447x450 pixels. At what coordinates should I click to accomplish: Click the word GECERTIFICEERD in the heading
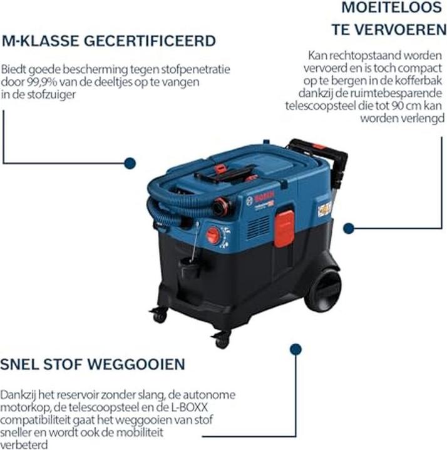point(150,41)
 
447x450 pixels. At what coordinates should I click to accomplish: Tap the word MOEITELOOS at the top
point(391,7)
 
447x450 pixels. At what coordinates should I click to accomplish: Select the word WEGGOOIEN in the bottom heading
point(136,364)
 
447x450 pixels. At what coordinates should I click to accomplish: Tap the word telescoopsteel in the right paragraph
point(321,106)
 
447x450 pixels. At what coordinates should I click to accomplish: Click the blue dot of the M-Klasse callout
point(130,163)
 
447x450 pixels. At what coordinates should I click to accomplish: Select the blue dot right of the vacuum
point(349,228)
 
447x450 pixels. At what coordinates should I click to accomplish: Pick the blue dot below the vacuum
point(295,349)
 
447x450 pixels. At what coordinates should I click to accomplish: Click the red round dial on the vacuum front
point(213,236)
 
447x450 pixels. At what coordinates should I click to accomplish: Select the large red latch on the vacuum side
point(284,228)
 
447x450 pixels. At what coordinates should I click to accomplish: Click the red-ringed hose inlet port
point(221,207)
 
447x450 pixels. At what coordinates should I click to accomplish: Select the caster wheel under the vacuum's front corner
point(221,339)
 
